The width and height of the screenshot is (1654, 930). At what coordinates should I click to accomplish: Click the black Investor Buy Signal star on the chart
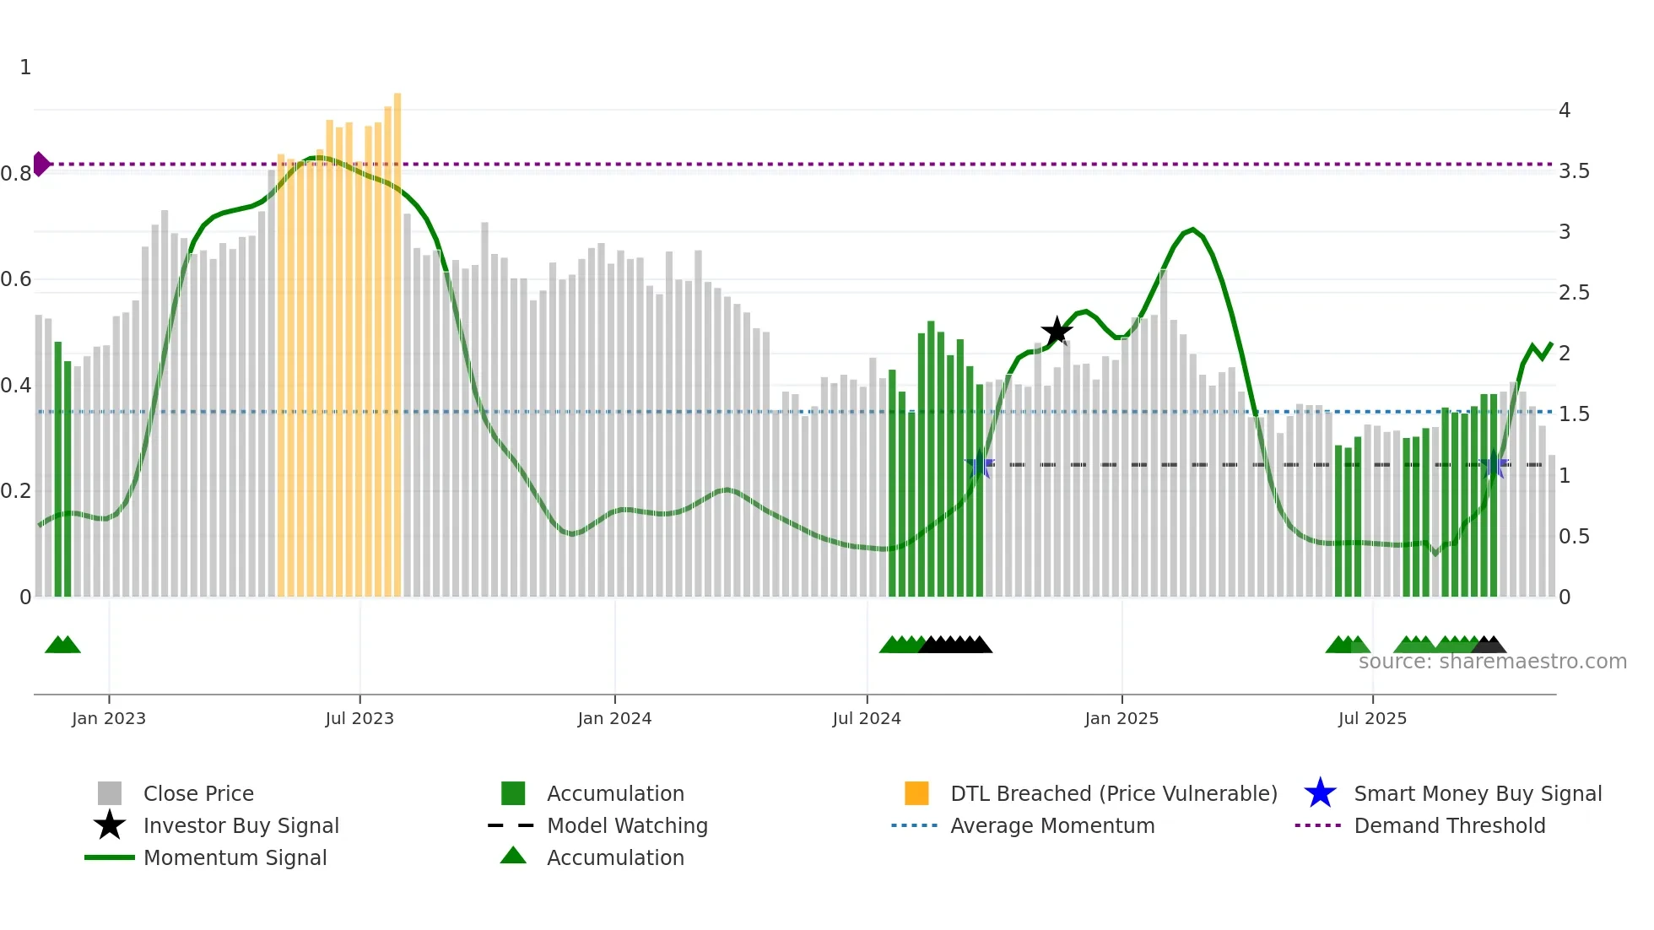1057,332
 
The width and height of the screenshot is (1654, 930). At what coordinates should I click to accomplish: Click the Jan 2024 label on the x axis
614,718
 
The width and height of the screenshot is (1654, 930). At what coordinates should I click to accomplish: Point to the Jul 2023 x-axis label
359,718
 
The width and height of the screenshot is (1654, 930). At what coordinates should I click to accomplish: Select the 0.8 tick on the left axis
16,174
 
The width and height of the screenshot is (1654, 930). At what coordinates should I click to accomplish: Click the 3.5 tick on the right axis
1574,171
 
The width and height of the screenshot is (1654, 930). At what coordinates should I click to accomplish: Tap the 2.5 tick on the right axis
1574,293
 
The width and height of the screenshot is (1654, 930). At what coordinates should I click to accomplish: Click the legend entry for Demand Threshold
1449,826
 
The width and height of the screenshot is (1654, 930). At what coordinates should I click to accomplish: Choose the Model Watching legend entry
626,826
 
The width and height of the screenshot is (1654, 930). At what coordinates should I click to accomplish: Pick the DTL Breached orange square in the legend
916,793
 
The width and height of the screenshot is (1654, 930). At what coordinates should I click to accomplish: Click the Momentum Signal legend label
235,858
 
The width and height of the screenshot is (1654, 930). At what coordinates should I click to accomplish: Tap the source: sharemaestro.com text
1492,662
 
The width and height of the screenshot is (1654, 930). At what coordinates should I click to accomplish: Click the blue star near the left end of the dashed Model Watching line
980,464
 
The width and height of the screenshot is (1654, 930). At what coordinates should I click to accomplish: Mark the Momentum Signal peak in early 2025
1192,230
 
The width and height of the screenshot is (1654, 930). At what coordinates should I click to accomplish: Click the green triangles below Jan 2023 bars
62,645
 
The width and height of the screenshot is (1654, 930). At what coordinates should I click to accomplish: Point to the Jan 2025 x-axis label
1122,718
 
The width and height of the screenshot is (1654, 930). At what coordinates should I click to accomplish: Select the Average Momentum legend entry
1051,826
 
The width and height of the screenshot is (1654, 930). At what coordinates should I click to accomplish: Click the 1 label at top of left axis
25,68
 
